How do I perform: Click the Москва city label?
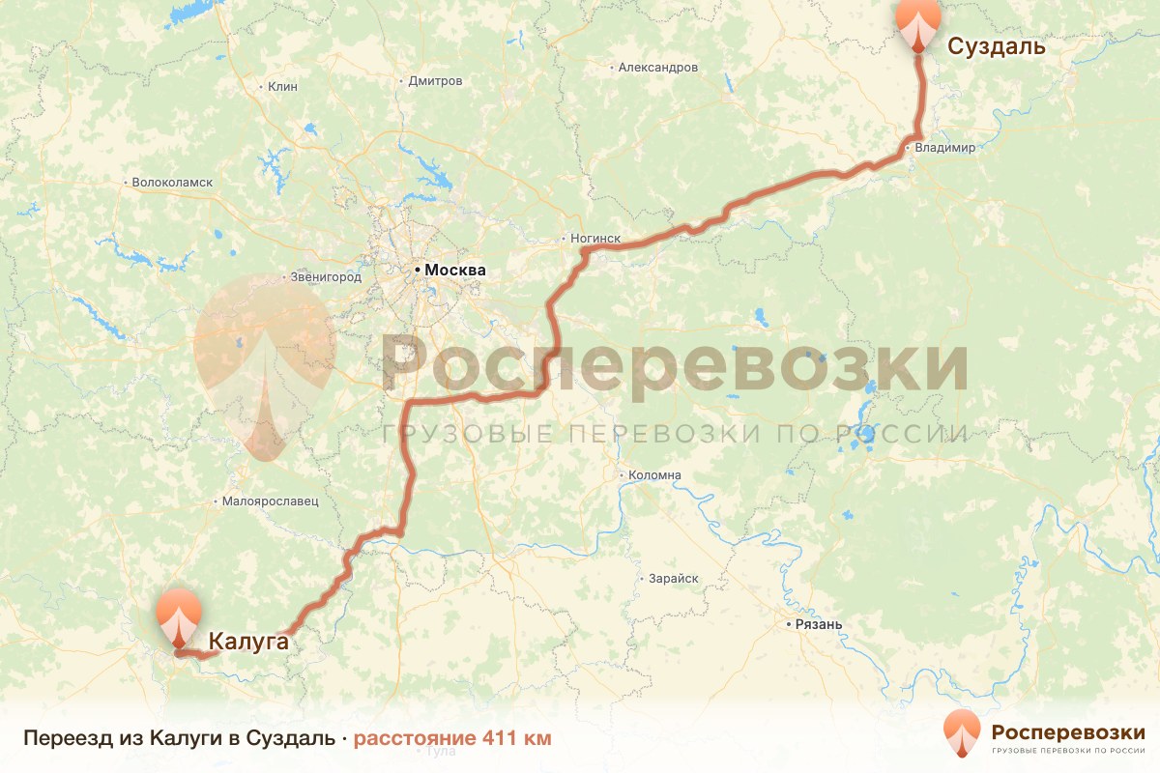click(x=454, y=271)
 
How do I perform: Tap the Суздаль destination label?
click(x=996, y=46)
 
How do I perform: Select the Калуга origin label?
click(x=248, y=640)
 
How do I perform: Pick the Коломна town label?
click(x=654, y=475)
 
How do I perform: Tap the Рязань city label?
click(x=819, y=624)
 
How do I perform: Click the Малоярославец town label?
click(x=270, y=501)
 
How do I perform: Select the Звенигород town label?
click(x=326, y=277)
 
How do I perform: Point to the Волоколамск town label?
click(x=172, y=182)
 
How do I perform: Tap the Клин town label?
click(x=282, y=86)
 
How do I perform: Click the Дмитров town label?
click(x=435, y=81)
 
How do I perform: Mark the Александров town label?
click(x=657, y=68)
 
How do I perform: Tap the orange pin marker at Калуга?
click(x=179, y=616)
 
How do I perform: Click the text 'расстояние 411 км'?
click(x=452, y=739)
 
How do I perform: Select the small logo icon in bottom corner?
click(x=962, y=733)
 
